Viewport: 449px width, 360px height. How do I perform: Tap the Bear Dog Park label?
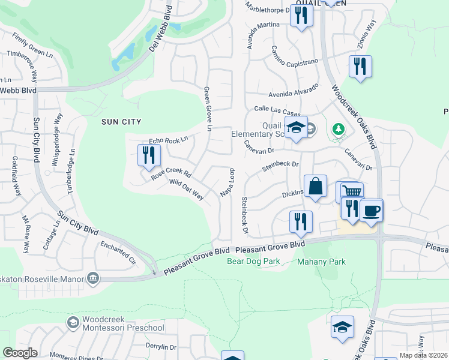coord(254,262)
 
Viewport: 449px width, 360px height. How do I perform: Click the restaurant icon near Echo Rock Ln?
coord(147,155)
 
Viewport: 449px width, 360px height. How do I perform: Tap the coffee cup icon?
coord(372,210)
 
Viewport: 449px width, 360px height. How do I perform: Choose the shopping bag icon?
coord(315,186)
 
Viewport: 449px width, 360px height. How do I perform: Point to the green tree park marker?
coord(339,128)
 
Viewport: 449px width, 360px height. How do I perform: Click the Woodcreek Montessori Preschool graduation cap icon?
coord(73,323)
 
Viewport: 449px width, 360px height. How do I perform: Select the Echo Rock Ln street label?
coord(169,139)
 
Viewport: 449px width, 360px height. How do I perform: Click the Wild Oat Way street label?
coord(187,189)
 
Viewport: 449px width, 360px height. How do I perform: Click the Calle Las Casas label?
coord(277,110)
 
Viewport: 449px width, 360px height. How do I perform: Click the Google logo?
coord(20,352)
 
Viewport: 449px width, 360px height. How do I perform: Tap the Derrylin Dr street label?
coord(161,347)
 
